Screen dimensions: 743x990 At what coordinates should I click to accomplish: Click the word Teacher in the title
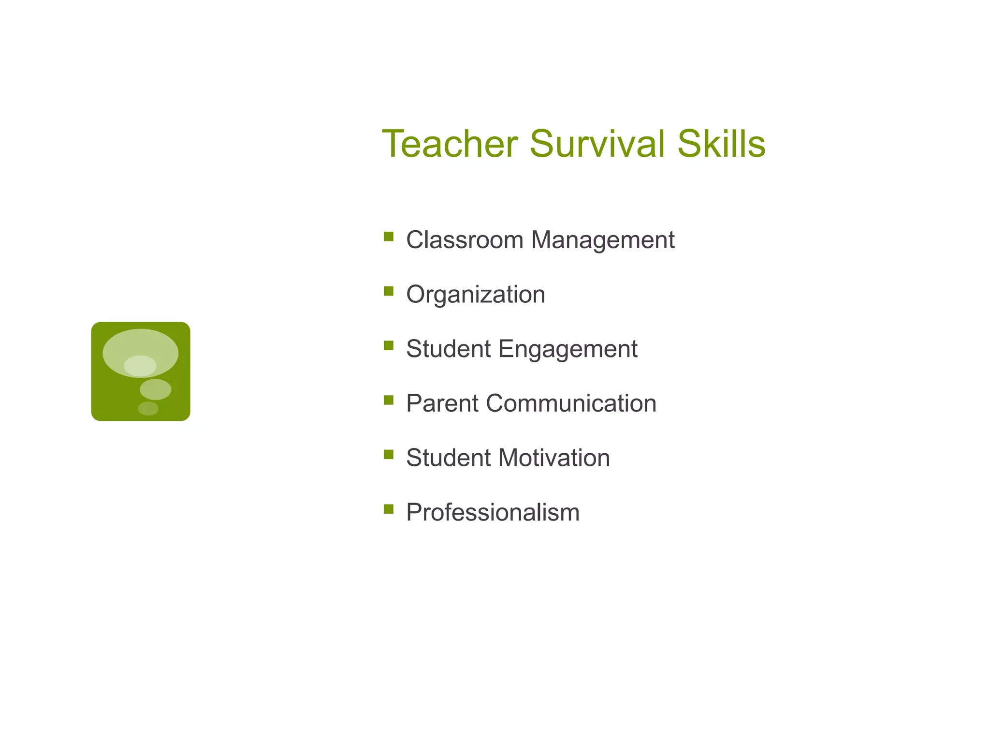pyautogui.click(x=450, y=144)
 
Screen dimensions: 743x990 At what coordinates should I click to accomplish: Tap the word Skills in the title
pyautogui.click(x=721, y=144)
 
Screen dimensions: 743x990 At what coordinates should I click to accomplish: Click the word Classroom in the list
pyautogui.click(x=465, y=240)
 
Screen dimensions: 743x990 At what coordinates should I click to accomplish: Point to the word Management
pyautogui.click(x=603, y=241)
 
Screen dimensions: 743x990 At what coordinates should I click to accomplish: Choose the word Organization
pyautogui.click(x=476, y=295)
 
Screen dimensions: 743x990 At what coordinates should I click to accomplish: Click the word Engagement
pyautogui.click(x=568, y=350)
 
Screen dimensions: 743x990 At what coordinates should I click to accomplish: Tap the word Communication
pyautogui.click(x=571, y=403)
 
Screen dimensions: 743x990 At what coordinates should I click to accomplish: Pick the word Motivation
pyautogui.click(x=554, y=458)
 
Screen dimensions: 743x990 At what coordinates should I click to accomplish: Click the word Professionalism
pyautogui.click(x=493, y=512)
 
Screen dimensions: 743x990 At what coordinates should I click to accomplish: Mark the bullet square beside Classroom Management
pyautogui.click(x=389, y=237)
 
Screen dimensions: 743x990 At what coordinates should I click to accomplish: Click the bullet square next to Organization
pyautogui.click(x=389, y=291)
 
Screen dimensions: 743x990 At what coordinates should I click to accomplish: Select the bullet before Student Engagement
pyautogui.click(x=389, y=345)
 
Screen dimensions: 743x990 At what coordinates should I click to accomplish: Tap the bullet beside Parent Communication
pyautogui.click(x=389, y=400)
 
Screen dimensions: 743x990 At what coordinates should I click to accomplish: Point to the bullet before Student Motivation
pyautogui.click(x=389, y=454)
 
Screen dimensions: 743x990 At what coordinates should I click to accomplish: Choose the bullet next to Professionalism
pyautogui.click(x=389, y=509)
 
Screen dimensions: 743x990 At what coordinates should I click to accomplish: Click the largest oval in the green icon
pyautogui.click(x=140, y=344)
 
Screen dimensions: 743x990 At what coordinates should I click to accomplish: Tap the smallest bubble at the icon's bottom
pyautogui.click(x=148, y=409)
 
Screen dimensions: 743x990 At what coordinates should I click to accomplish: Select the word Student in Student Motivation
pyautogui.click(x=448, y=458)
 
